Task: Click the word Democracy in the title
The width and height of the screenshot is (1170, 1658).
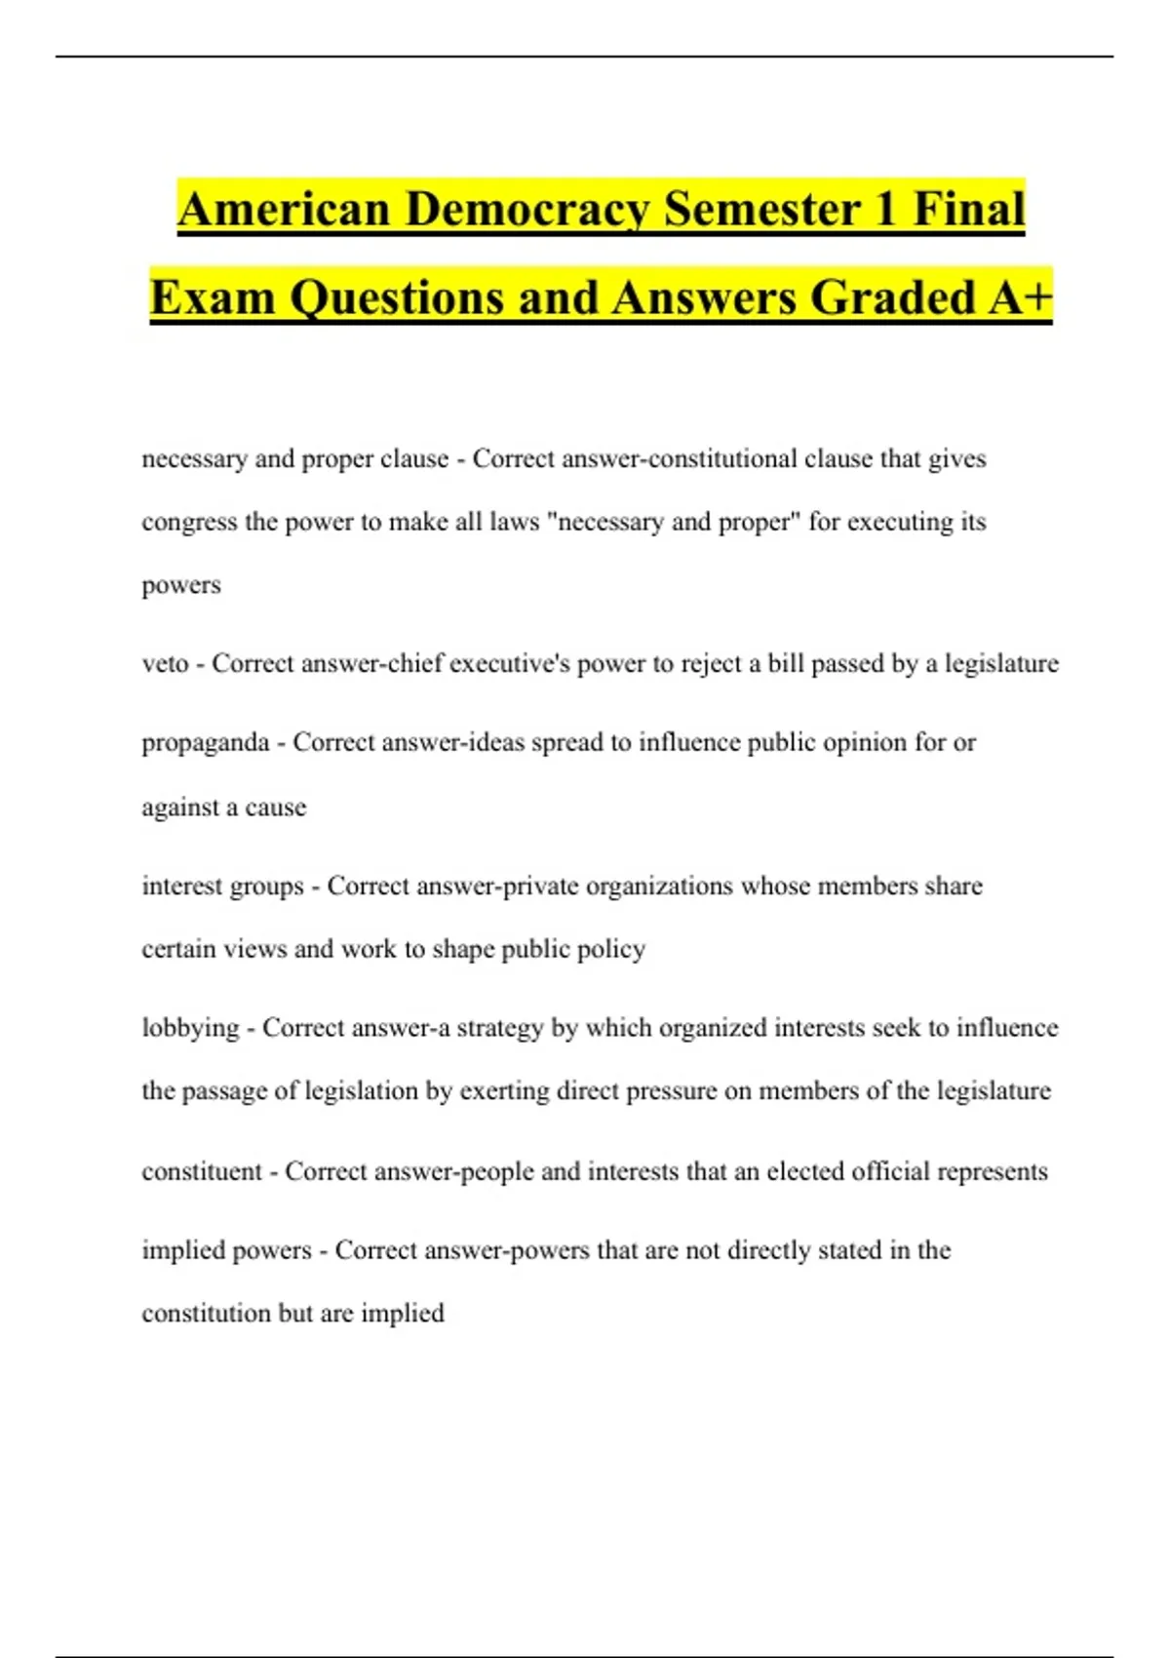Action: click(x=526, y=209)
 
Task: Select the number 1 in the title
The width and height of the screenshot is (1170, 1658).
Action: click(x=885, y=209)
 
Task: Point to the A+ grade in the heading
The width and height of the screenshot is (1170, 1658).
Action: click(x=1020, y=296)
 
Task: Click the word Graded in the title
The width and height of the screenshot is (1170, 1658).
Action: click(x=892, y=296)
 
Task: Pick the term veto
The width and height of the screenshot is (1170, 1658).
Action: click(x=165, y=664)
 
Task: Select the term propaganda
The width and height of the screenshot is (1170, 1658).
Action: click(x=205, y=743)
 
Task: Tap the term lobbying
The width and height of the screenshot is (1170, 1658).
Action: click(x=190, y=1028)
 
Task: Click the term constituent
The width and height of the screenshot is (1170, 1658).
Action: click(x=202, y=1171)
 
